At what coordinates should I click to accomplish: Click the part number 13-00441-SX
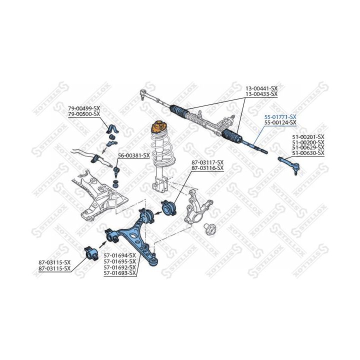pyautogui.click(x=261, y=88)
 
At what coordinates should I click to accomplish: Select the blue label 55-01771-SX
pyautogui.click(x=280, y=117)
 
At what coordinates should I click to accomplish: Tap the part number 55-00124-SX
pyautogui.click(x=280, y=122)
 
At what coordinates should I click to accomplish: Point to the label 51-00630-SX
pyautogui.click(x=308, y=153)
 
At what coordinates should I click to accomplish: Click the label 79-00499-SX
pyautogui.click(x=84, y=108)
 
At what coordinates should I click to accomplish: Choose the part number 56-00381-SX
pyautogui.click(x=134, y=155)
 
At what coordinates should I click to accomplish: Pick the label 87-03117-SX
pyautogui.click(x=207, y=162)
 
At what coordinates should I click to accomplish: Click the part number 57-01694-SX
pyautogui.click(x=119, y=255)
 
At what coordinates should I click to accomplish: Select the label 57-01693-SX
pyautogui.click(x=119, y=273)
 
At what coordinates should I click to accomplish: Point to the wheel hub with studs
pyautogui.click(x=210, y=229)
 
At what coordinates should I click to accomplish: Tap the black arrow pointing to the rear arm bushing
pyautogui.click(x=103, y=244)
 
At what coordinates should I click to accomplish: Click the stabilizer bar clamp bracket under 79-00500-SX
pyautogui.click(x=112, y=130)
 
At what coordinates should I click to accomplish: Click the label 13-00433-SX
pyautogui.click(x=261, y=94)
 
